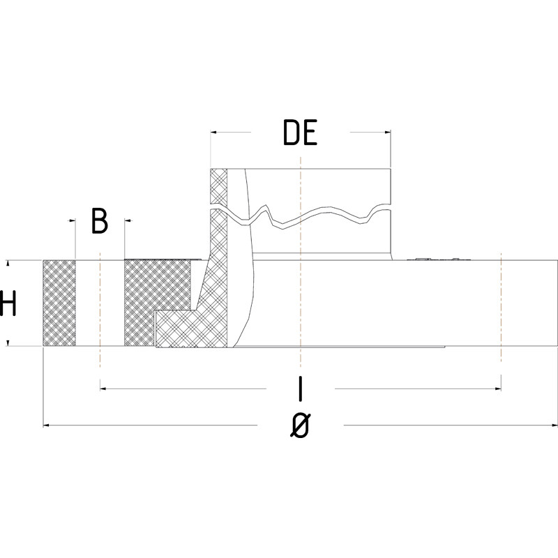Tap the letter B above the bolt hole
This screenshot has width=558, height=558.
(x=100, y=221)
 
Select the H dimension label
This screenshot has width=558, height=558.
(x=8, y=304)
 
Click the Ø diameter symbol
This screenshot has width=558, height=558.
(x=299, y=424)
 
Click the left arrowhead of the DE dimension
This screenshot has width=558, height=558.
(x=213, y=131)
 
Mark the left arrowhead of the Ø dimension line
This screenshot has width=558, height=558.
(x=47, y=424)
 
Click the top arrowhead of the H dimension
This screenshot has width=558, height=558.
(x=8, y=264)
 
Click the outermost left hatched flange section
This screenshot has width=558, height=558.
(x=59, y=303)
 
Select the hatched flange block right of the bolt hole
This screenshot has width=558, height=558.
(x=157, y=286)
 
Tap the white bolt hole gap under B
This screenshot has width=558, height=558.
(x=100, y=303)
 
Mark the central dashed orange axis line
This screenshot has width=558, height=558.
(x=299, y=279)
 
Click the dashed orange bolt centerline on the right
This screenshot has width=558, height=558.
(x=501, y=307)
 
